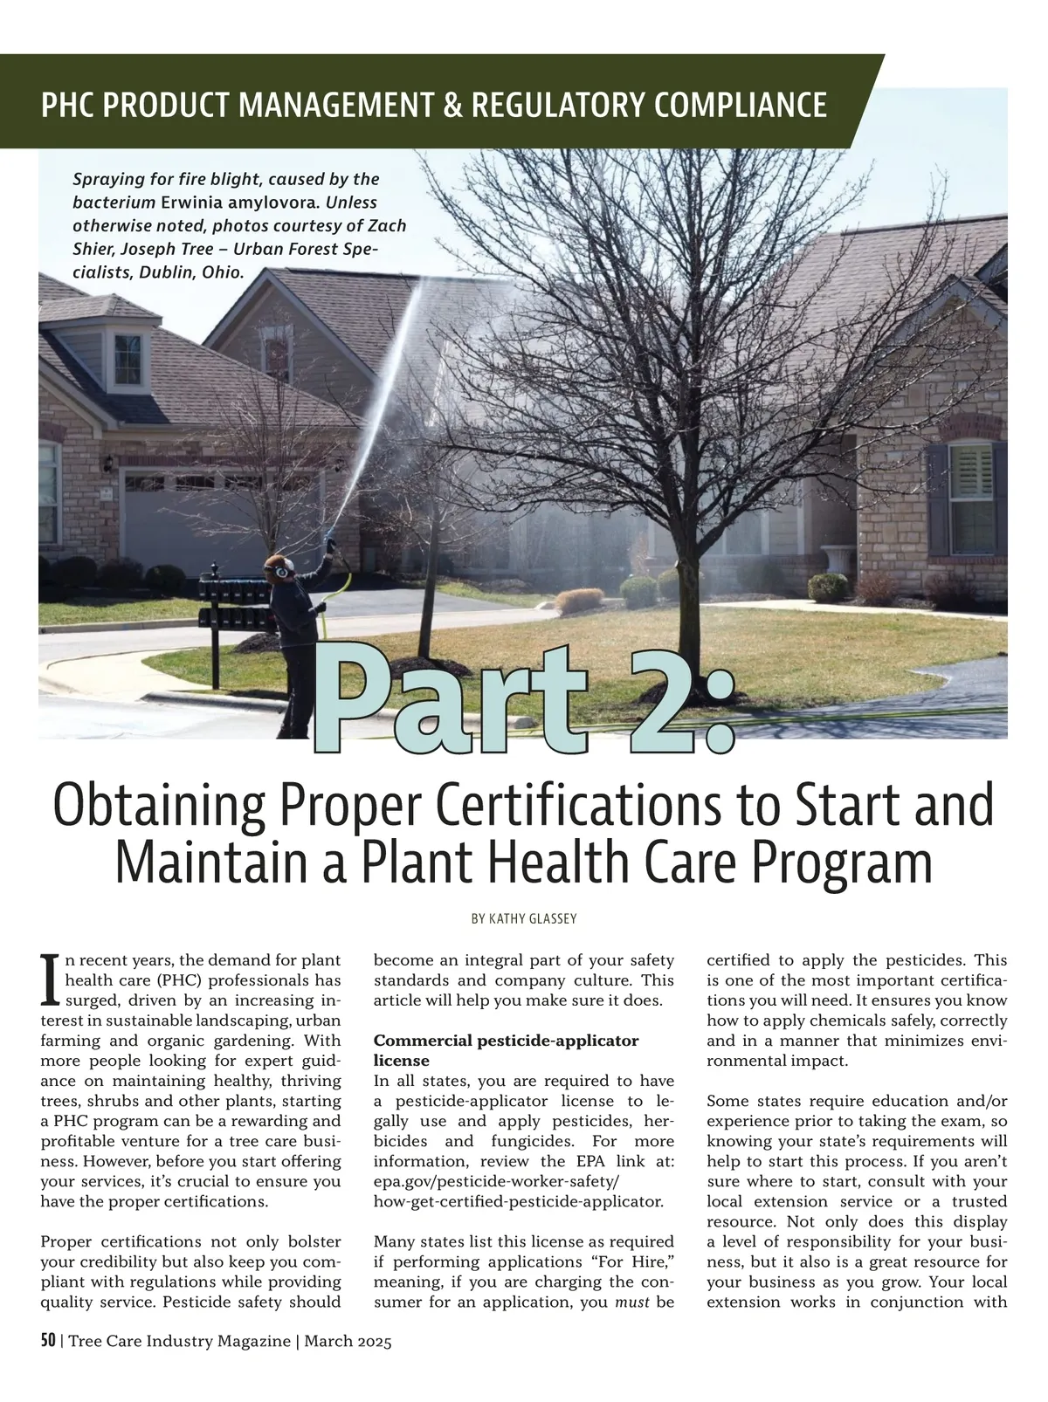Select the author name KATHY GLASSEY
coord(524,919)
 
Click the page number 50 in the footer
coord(48,1341)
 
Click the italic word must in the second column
coord(631,1302)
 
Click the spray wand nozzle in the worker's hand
coord(331,546)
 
